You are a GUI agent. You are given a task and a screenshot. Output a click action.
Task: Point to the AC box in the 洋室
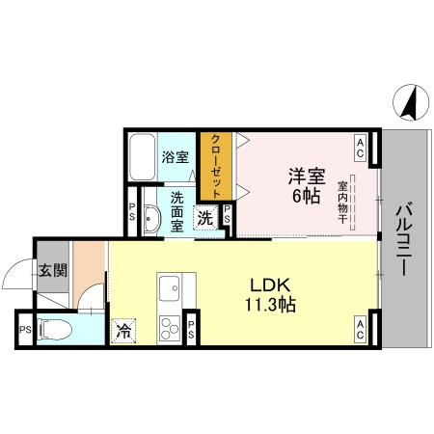(x=359, y=147)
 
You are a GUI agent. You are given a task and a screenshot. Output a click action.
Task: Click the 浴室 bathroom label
(x=175, y=156)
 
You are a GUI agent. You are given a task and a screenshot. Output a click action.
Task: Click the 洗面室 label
(x=177, y=211)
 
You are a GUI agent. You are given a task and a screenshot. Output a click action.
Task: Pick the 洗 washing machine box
(x=205, y=218)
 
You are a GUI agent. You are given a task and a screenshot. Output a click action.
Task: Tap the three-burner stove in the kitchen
(x=170, y=327)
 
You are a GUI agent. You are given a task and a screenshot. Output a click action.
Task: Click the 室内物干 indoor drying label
(x=344, y=202)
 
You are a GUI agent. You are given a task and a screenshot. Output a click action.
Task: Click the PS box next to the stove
(x=191, y=328)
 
